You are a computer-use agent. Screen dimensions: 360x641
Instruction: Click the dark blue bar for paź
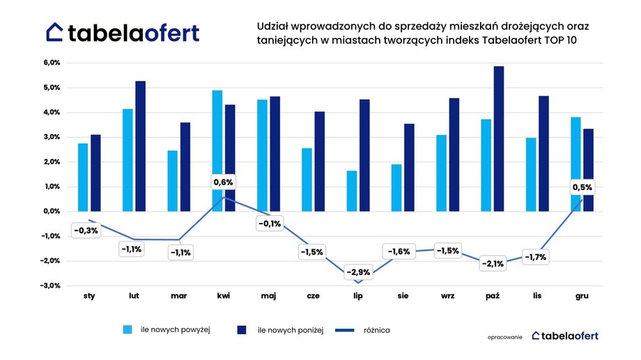[498, 139]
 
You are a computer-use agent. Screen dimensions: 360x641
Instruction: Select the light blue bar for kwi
[217, 150]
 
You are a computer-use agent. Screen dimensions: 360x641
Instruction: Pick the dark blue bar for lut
[141, 146]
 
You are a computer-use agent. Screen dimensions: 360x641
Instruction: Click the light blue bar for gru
[576, 164]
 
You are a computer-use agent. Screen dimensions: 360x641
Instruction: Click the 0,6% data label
[223, 183]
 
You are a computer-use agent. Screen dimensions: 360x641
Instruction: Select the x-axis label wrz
[448, 297]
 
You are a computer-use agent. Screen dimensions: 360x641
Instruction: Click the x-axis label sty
[89, 297]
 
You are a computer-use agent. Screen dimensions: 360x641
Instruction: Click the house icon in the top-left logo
[56, 32]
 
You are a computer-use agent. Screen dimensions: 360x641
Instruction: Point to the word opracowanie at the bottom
[505, 336]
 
